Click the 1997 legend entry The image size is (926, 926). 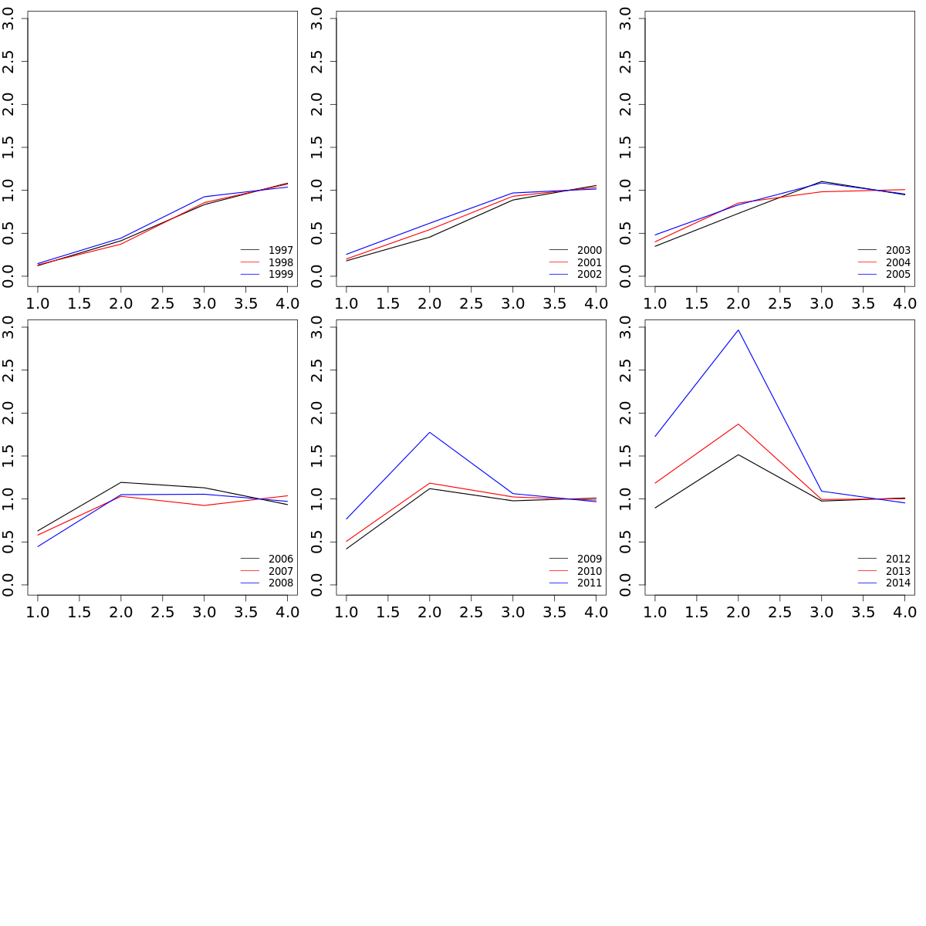click(280, 251)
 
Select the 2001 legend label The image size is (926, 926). click(589, 262)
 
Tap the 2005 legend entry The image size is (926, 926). click(897, 275)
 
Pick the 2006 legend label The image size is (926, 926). click(280, 559)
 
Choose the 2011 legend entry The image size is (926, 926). click(589, 583)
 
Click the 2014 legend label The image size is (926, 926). click(897, 583)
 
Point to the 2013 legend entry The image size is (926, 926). click(897, 571)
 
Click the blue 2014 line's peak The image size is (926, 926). click(738, 330)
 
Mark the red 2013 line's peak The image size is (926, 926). click(738, 424)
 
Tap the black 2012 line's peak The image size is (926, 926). click(738, 455)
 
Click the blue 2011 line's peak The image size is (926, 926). click(430, 432)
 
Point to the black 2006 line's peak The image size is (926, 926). click(121, 482)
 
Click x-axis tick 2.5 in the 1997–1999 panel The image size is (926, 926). click(162, 304)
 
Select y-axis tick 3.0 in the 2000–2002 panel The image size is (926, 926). click(317, 19)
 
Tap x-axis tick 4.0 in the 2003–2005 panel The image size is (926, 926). click(904, 304)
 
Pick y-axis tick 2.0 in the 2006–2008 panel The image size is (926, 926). click(8, 413)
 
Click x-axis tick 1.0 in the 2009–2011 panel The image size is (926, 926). click(346, 613)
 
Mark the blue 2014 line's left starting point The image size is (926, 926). click(655, 436)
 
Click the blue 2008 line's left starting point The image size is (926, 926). click(38, 546)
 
